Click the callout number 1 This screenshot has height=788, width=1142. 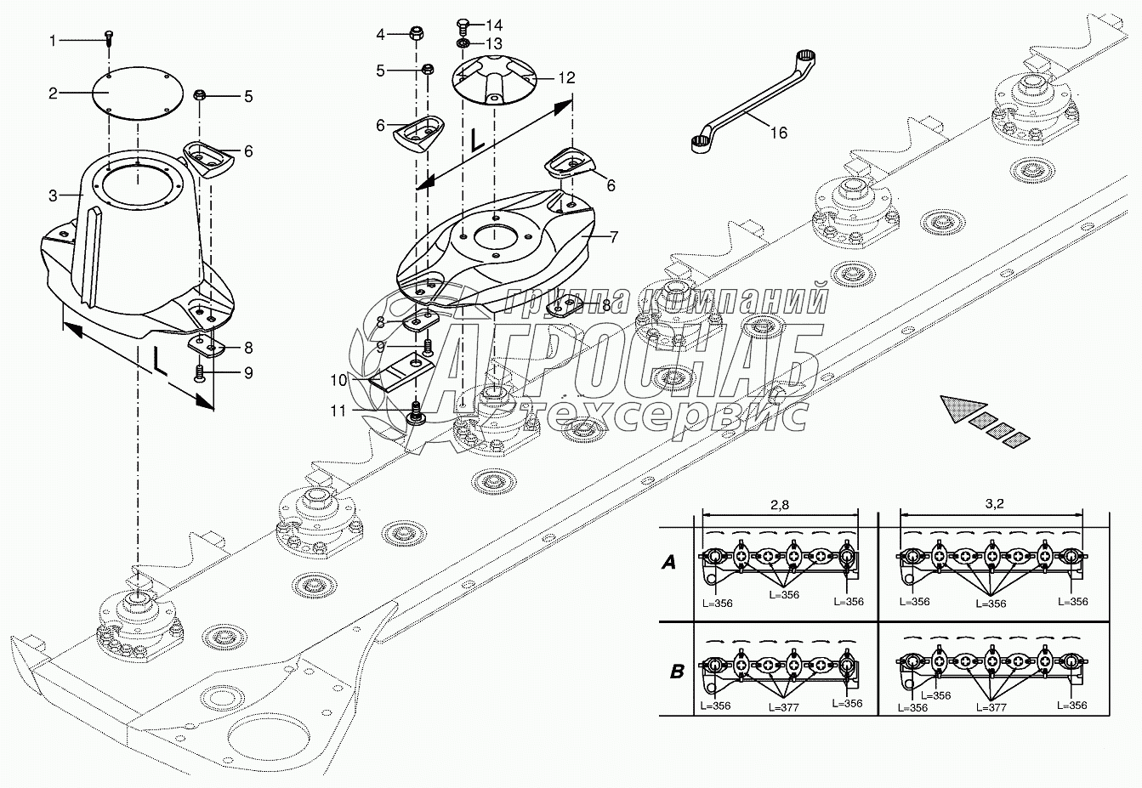click(x=53, y=41)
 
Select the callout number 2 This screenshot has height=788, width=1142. click(x=53, y=94)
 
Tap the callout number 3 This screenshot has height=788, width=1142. click(x=53, y=196)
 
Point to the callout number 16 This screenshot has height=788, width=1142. click(x=779, y=133)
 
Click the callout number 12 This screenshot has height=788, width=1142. click(x=566, y=77)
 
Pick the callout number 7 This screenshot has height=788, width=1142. click(x=614, y=237)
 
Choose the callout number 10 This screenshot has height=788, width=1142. click(x=338, y=380)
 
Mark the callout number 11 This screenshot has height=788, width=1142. click(x=338, y=411)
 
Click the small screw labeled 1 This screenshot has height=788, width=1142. click(x=109, y=38)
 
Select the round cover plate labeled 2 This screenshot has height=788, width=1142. click(x=138, y=94)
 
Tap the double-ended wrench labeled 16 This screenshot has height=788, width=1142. click(x=753, y=101)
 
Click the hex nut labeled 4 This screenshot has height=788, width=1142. click(x=416, y=34)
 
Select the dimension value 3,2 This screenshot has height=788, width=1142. click(x=994, y=503)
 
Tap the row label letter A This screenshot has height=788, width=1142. click(x=668, y=563)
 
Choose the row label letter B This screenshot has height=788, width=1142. click(x=677, y=672)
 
